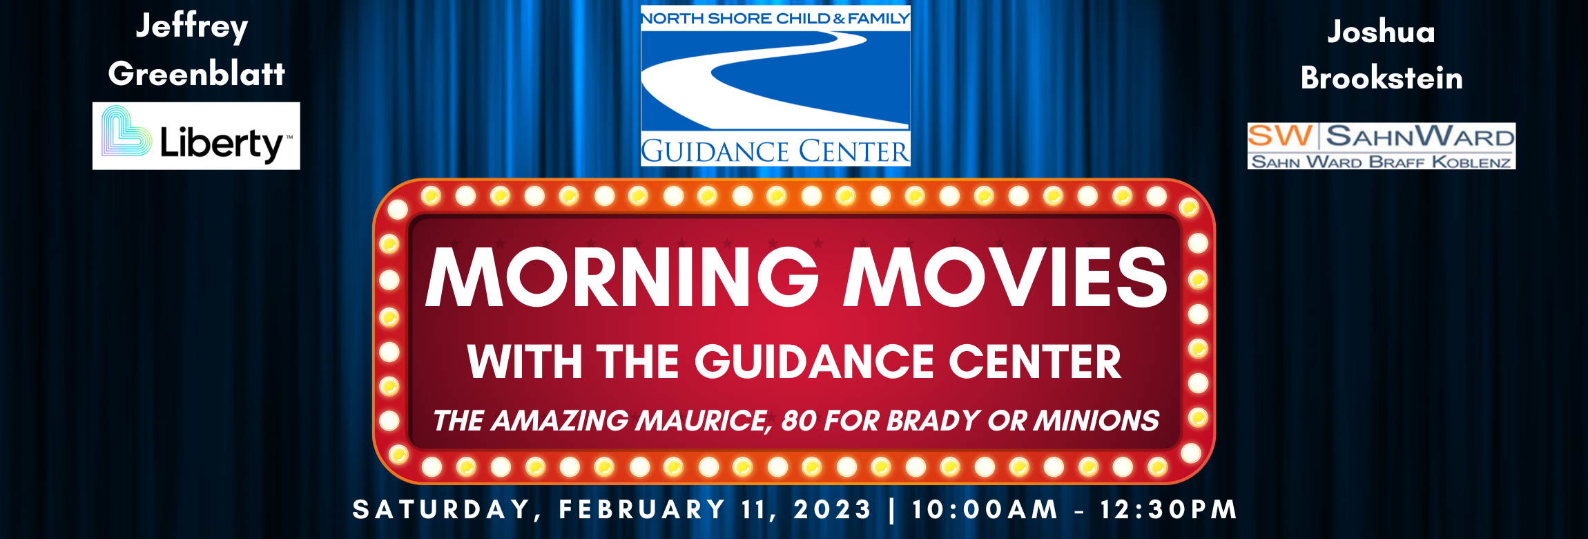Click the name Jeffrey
click(x=191, y=28)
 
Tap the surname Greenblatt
click(x=197, y=73)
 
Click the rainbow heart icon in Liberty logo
click(x=126, y=131)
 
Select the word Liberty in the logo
click(x=221, y=143)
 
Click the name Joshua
click(x=1381, y=32)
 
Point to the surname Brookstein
click(x=1382, y=77)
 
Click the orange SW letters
click(x=1280, y=135)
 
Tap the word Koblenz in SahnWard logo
click(x=1471, y=162)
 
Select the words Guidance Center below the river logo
click(x=775, y=151)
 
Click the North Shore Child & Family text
click(x=775, y=19)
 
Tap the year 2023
click(x=833, y=509)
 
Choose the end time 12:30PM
click(x=1168, y=509)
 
